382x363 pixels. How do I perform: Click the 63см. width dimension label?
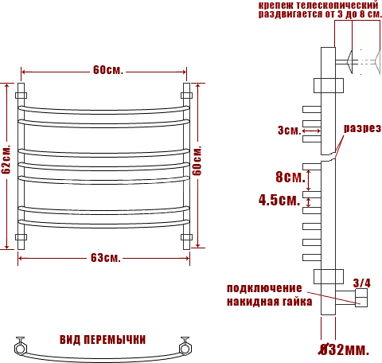pos(106,258)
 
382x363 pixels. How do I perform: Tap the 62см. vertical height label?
pos(6,159)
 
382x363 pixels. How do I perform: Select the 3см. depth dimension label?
pos(290,131)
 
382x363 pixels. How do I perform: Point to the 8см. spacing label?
pos(290,177)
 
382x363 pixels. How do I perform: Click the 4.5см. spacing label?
pos(279,200)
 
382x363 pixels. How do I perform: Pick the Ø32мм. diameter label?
pos(344,349)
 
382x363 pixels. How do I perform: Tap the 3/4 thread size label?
pos(361,283)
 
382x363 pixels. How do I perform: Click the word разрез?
pos(362,128)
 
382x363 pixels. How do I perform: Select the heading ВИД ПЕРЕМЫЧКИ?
pos(103,340)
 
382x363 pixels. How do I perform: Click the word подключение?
pos(264,288)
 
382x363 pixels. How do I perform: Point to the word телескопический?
pos(337,5)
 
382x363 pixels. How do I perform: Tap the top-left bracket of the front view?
pos(21,96)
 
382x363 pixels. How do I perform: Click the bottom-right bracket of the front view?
pos(186,237)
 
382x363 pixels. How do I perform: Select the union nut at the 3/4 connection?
pos(361,298)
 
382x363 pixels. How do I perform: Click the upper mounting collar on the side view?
pos(329,85)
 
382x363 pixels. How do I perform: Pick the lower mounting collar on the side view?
pos(329,276)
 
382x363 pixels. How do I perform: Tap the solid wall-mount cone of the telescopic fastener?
pos(349,62)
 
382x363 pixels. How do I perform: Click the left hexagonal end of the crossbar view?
pos(20,348)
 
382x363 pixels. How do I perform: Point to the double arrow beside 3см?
pos(311,131)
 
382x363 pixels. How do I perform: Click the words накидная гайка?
pos(269,302)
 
